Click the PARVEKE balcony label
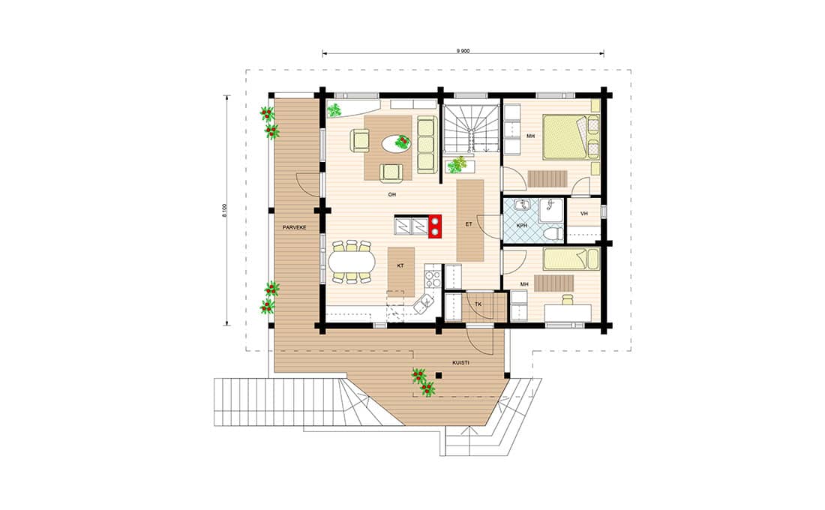click(x=294, y=227)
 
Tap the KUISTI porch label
click(x=461, y=363)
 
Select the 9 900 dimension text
click(x=463, y=51)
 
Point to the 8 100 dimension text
click(x=224, y=211)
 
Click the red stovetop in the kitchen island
click(x=435, y=226)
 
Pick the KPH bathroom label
click(x=521, y=225)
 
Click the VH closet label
click(x=583, y=213)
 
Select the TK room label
click(x=478, y=304)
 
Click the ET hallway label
click(x=469, y=224)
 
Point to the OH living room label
click(x=392, y=195)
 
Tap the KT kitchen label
click(x=400, y=265)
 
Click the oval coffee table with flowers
click(x=396, y=143)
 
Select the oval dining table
click(x=352, y=261)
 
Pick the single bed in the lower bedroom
click(x=571, y=259)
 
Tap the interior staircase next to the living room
click(x=469, y=128)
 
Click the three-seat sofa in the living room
click(x=427, y=145)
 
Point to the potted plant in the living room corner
click(x=334, y=110)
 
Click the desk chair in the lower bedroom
click(x=567, y=299)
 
